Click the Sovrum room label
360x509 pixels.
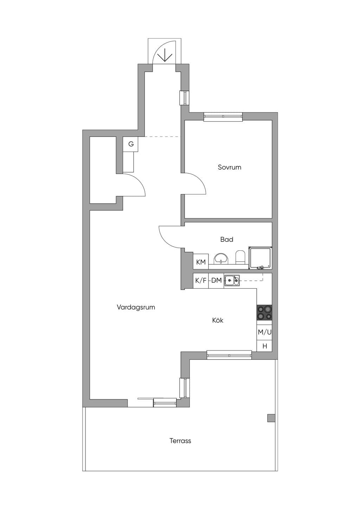229,167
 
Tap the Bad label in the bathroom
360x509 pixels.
227,239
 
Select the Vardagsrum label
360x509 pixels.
136,308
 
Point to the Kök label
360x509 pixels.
218,320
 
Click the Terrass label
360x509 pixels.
180,441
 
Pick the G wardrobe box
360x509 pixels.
130,144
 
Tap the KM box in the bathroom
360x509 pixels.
201,262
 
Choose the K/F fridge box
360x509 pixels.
201,281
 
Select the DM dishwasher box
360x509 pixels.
216,281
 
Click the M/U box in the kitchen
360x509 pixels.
264,332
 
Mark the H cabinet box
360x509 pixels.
264,346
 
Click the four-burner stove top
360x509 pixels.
264,313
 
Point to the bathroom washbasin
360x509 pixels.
221,259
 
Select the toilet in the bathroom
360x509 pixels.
240,257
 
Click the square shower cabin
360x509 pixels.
260,258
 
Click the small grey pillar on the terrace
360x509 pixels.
271,418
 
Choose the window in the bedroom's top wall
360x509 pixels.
223,117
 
